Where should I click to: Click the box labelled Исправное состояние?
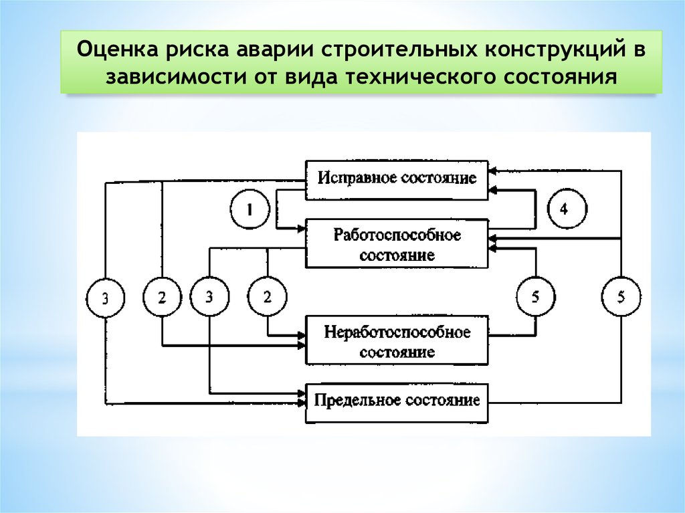point(397,179)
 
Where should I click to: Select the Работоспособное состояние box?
point(397,244)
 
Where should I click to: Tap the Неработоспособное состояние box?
point(397,341)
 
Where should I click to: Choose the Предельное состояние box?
point(397,402)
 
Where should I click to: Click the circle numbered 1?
point(248,210)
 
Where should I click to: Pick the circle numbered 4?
point(563,210)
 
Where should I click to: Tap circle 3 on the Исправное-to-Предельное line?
point(106,298)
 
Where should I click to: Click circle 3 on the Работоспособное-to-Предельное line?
point(209,298)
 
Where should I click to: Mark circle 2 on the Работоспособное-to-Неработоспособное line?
point(267,298)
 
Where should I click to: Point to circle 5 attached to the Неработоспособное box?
point(536,298)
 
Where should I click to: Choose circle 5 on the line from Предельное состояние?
point(621,298)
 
